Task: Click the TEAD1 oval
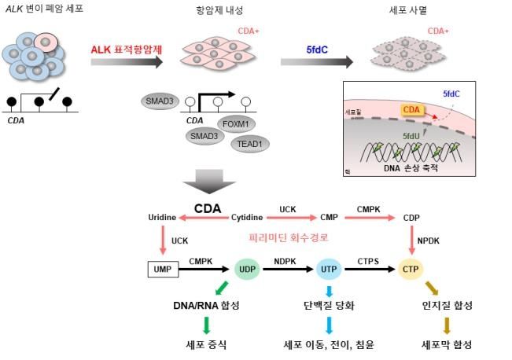(x=251, y=144)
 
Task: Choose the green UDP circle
(x=247, y=270)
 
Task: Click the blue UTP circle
(x=328, y=270)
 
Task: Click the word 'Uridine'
(x=162, y=217)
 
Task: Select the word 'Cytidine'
(x=246, y=217)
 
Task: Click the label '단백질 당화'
(x=328, y=305)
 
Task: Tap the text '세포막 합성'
(x=447, y=343)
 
